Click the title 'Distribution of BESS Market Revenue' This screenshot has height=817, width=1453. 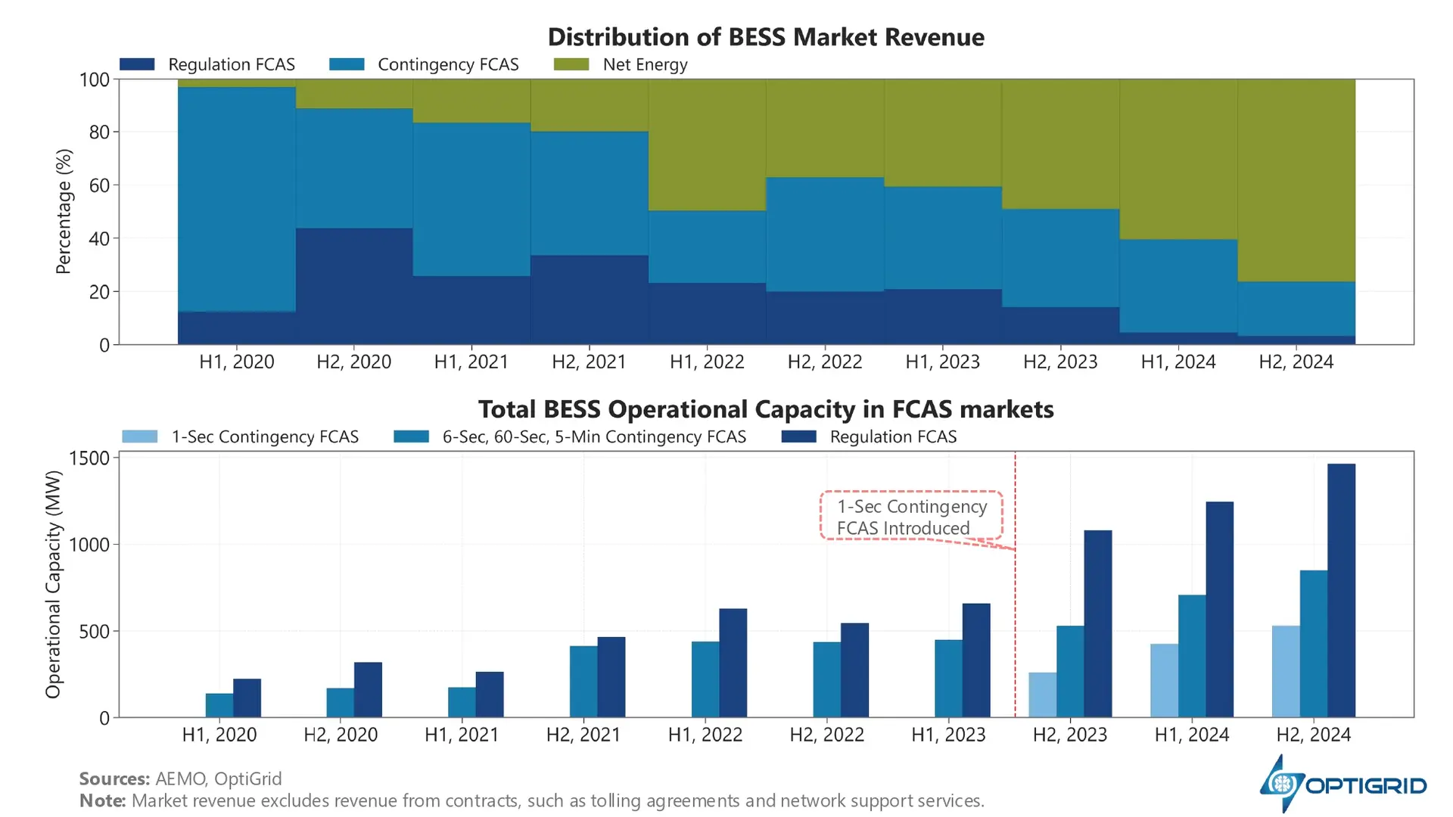tap(765, 37)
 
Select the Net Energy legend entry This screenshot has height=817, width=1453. tap(621, 65)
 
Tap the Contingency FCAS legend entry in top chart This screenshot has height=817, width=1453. tap(424, 65)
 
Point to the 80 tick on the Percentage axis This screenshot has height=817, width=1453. tap(99, 132)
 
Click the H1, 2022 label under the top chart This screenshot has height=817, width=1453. tap(707, 362)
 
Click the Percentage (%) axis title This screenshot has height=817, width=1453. tap(64, 211)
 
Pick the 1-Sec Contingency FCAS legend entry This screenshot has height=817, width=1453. tap(241, 437)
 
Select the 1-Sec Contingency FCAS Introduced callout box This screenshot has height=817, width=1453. tap(911, 517)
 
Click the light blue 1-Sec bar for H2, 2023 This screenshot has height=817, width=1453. tap(1042, 694)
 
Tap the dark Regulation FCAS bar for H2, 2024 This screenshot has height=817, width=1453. tap(1341, 590)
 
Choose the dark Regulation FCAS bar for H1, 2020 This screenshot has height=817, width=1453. tap(247, 697)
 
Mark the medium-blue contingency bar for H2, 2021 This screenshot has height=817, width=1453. tap(583, 681)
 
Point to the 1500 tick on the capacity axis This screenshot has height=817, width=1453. tap(89, 458)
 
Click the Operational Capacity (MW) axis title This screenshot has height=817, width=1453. tap(53, 584)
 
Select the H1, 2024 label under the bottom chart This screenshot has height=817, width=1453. tap(1191, 735)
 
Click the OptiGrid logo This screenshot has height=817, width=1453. tap(1343, 784)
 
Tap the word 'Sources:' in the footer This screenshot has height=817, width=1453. tap(114, 779)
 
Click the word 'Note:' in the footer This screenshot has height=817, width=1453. tap(102, 801)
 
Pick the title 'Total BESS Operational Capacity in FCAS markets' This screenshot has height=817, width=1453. tap(765, 409)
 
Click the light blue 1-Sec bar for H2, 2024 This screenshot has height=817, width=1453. tap(1286, 671)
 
